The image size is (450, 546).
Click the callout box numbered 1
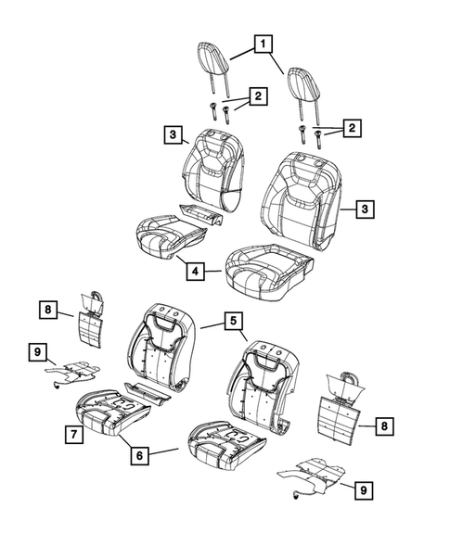pos(265,44)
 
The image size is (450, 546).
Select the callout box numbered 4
pos(196,272)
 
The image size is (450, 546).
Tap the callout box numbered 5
pos(233,322)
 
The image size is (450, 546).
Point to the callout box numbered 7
pos(71,433)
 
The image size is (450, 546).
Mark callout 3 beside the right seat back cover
pos(366,210)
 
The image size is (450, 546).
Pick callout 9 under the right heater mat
pos(366,489)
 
